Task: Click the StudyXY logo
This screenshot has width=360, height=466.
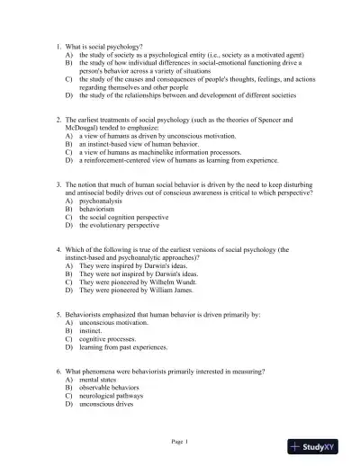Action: pyautogui.click(x=323, y=444)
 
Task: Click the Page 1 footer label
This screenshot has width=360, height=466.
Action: pyautogui.click(x=179, y=441)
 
